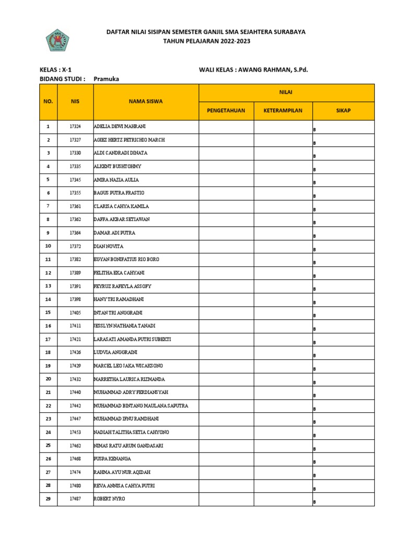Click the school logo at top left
(57, 40)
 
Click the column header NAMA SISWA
(146, 101)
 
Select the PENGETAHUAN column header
(226, 111)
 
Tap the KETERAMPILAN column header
(282, 111)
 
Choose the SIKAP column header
(343, 111)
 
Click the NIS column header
(75, 101)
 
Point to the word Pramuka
(107, 79)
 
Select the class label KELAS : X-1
(55, 69)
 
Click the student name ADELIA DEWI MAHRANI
(120, 126)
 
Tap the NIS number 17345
(75, 180)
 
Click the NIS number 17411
(75, 326)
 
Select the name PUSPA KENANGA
(112, 459)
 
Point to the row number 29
(48, 499)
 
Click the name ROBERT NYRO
(110, 499)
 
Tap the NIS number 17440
(75, 392)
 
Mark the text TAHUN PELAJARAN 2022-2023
(206, 41)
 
